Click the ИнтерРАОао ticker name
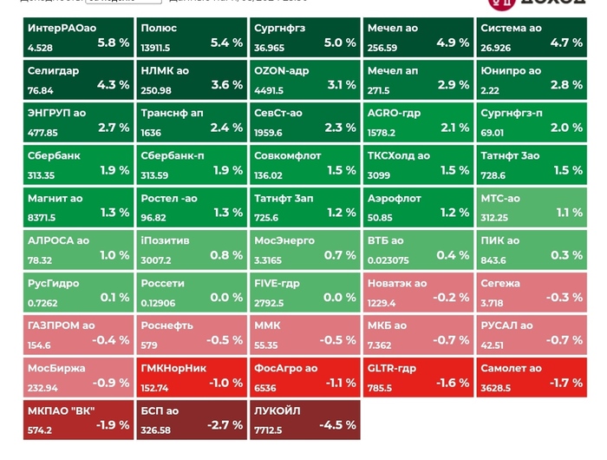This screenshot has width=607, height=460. coord(62,29)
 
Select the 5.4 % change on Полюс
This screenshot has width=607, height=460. coord(227,43)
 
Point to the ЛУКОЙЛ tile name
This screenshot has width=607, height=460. coord(277,411)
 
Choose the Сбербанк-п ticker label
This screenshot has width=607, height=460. coord(173,155)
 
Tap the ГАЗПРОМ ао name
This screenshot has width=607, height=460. coord(62,325)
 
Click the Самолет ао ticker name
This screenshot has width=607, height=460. coord(511,368)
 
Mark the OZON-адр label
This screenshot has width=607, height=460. coord(282,70)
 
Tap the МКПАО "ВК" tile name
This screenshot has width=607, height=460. coord(62,411)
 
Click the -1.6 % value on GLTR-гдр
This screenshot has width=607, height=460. coord(452,383)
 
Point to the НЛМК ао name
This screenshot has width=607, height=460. coord(165,70)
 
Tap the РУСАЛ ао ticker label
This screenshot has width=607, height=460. coord(507,325)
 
